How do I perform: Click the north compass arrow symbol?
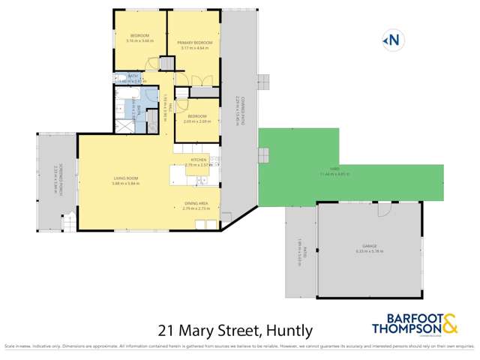tap(391, 40)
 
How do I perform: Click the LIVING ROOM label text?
tap(125, 178)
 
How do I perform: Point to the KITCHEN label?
tap(198, 160)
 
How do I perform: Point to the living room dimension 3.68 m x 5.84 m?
tap(125, 183)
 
